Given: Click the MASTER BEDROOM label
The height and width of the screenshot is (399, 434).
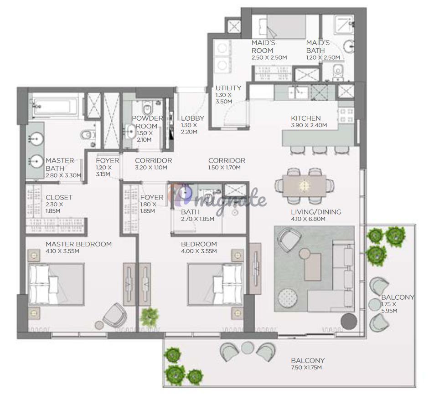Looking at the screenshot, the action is point(78,244).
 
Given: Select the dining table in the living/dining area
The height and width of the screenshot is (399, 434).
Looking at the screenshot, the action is point(305,185).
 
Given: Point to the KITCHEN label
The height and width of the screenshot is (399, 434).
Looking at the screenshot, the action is point(306,118).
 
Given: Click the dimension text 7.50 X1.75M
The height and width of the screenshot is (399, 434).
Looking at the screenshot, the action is point(306,368).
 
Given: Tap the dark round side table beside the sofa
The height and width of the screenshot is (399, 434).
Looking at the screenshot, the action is point(349,321).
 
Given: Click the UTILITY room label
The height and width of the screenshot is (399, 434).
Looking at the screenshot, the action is point(228,88).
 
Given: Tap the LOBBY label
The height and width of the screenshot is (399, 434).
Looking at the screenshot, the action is point(193,118).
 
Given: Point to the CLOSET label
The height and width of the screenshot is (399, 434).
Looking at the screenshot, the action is point(59,197).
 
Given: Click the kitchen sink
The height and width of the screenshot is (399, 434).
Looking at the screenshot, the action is point(298,92).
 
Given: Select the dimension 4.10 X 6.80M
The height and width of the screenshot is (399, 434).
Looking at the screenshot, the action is point(308,219).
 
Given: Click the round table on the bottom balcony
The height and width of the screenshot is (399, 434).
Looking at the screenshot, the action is point(247,348).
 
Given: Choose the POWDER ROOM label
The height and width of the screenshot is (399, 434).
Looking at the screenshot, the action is point(147,122).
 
